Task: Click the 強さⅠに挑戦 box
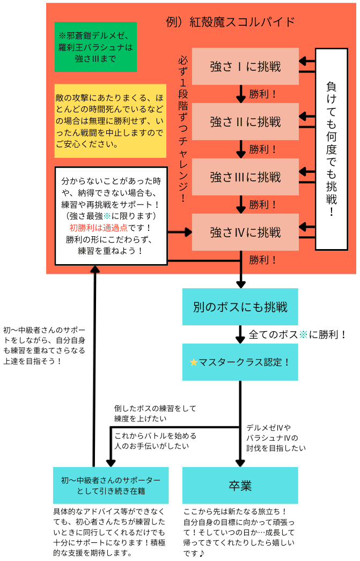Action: (245, 66)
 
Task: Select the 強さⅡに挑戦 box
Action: (245, 122)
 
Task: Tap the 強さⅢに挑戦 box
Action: (245, 177)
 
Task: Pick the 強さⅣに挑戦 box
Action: (245, 232)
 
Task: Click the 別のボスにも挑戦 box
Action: (240, 307)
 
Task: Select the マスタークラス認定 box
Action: (240, 362)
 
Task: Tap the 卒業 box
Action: (240, 485)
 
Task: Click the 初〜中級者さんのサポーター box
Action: (111, 485)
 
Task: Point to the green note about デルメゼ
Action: (95, 47)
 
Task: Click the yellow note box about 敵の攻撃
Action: (110, 120)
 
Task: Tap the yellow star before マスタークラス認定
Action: (194, 362)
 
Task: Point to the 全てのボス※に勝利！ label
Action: (297, 334)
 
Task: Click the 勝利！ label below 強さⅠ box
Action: (263, 94)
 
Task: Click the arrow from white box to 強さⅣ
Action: (180, 232)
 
